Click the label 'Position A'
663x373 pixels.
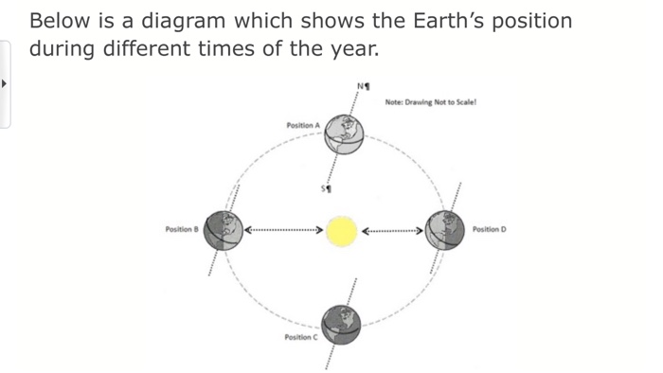[302, 125]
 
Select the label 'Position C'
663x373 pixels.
[300, 338]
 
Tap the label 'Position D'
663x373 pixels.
[490, 229]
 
